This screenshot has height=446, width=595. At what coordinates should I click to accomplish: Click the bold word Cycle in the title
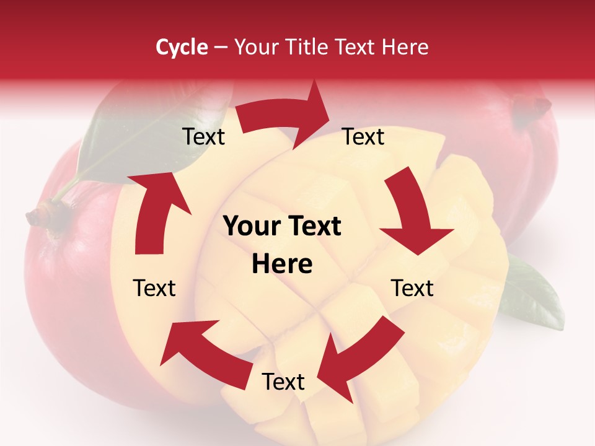[182, 47]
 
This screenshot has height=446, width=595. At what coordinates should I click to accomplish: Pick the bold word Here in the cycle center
[282, 265]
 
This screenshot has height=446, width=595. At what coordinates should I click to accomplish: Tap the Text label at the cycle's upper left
[203, 137]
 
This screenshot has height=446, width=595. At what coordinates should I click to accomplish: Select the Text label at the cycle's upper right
[363, 137]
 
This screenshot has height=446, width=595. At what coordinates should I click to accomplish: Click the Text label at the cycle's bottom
[283, 382]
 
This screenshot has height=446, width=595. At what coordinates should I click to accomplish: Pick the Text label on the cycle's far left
[154, 288]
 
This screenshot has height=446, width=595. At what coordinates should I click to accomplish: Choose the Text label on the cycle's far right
[412, 288]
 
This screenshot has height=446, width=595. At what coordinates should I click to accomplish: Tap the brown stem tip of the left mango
[38, 217]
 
